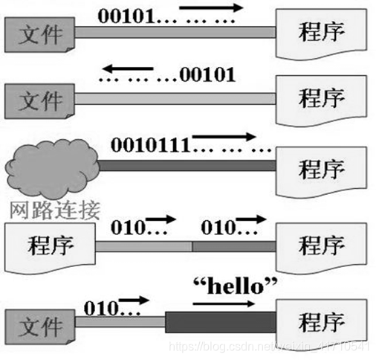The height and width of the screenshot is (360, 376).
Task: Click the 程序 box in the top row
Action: pos(320,32)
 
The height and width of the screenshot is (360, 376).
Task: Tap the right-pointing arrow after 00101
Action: pos(211,9)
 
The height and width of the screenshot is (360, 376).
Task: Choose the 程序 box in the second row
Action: pos(320,97)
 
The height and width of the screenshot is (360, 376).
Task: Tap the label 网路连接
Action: pos(55,208)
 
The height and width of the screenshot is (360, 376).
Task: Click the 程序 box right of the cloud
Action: pos(320,167)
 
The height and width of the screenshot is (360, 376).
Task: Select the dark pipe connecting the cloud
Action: pos(186,165)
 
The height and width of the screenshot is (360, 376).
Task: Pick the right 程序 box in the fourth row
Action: pos(320,243)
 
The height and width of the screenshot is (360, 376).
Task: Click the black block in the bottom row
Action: pos(218,322)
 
